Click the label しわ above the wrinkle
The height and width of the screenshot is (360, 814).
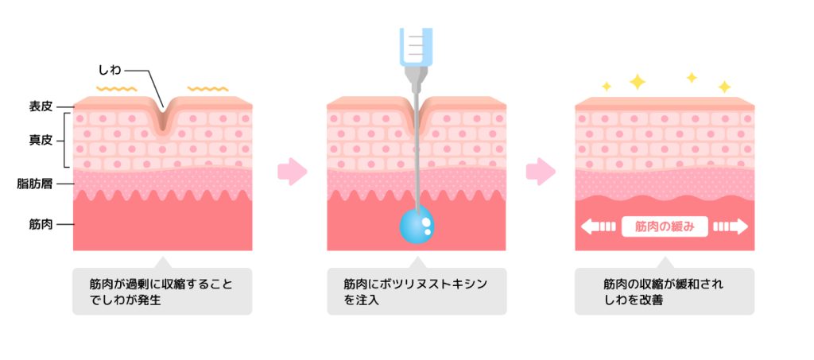pyautogui.click(x=110, y=70)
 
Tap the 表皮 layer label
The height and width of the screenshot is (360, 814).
pyautogui.click(x=41, y=104)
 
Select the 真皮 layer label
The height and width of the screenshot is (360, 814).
pyautogui.click(x=41, y=140)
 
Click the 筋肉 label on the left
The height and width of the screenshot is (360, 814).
pyautogui.click(x=41, y=224)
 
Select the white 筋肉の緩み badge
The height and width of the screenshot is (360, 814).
pyautogui.click(x=665, y=226)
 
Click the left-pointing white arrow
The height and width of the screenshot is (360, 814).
pyautogui.click(x=598, y=226)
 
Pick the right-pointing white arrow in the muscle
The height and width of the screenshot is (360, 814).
pyautogui.click(x=731, y=226)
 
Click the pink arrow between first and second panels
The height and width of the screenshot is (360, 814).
pyautogui.click(x=292, y=171)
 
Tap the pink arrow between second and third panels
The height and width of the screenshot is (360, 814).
pyautogui.click(x=541, y=171)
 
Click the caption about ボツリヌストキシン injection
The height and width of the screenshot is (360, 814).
pyautogui.click(x=417, y=291)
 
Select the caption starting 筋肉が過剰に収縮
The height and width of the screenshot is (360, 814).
pyautogui.click(x=162, y=291)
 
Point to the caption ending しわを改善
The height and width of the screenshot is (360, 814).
pyautogui.click(x=665, y=291)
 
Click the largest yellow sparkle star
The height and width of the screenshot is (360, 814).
pyautogui.click(x=638, y=81)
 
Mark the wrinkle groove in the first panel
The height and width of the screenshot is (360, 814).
pyautogui.click(x=163, y=118)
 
